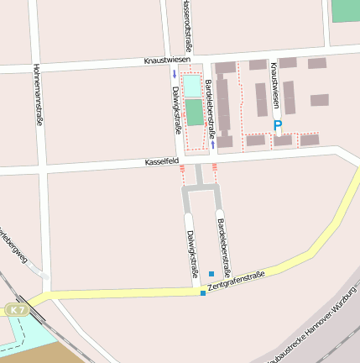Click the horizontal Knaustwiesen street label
[167, 60]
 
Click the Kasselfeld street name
[162, 160]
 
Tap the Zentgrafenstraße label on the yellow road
[237, 281]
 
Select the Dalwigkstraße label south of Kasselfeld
[192, 253]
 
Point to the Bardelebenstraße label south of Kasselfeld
[223, 249]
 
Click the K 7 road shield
[18, 310]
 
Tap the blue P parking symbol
[278, 127]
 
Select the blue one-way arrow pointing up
[213, 144]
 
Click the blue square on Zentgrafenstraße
[203, 292]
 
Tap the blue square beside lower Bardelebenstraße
[211, 274]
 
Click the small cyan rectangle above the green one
[193, 86]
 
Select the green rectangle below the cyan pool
[194, 113]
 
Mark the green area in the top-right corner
[344, 10]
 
